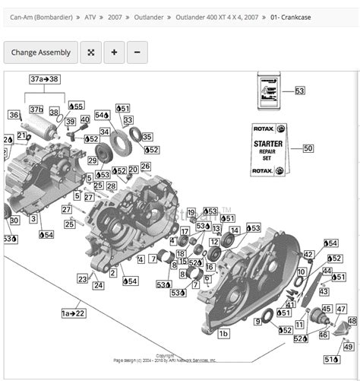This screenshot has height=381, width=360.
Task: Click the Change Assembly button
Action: (x=40, y=52)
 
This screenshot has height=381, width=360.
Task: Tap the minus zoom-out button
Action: (x=137, y=52)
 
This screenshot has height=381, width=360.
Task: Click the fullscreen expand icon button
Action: (x=90, y=52)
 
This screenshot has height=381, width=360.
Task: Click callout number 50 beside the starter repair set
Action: (x=308, y=148)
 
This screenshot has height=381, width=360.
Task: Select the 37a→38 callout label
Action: (x=44, y=79)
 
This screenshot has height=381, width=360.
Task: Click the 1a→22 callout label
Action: (x=73, y=313)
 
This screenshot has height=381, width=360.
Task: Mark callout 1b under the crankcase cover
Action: (x=223, y=333)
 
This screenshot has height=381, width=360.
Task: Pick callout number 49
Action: (x=348, y=346)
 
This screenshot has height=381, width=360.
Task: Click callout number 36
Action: (x=14, y=115)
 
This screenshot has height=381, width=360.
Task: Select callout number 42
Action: (x=308, y=254)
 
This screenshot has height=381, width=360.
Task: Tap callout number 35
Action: (x=147, y=137)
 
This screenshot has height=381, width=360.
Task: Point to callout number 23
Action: (x=82, y=279)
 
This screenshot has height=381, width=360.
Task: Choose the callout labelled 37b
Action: (x=36, y=110)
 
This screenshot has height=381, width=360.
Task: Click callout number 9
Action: (x=257, y=322)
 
